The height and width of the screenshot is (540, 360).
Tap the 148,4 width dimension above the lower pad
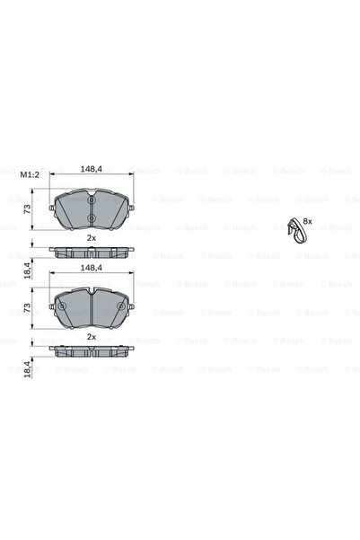coord(91,267)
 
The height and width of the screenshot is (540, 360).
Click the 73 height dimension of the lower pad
coord(28,309)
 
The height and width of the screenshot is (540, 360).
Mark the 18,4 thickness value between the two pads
coord(28,267)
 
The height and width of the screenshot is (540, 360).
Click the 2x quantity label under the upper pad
coord(91,238)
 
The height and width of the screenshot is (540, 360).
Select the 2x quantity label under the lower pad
coord(91,336)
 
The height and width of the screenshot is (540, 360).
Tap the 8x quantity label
coord(307,220)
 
